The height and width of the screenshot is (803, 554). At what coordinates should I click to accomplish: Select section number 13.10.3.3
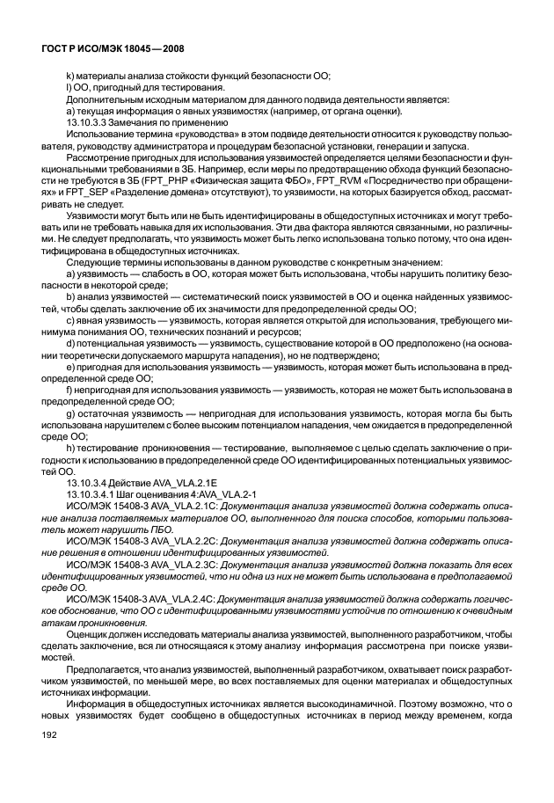click(88, 123)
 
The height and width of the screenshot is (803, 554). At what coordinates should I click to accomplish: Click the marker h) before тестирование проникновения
click(71, 448)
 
